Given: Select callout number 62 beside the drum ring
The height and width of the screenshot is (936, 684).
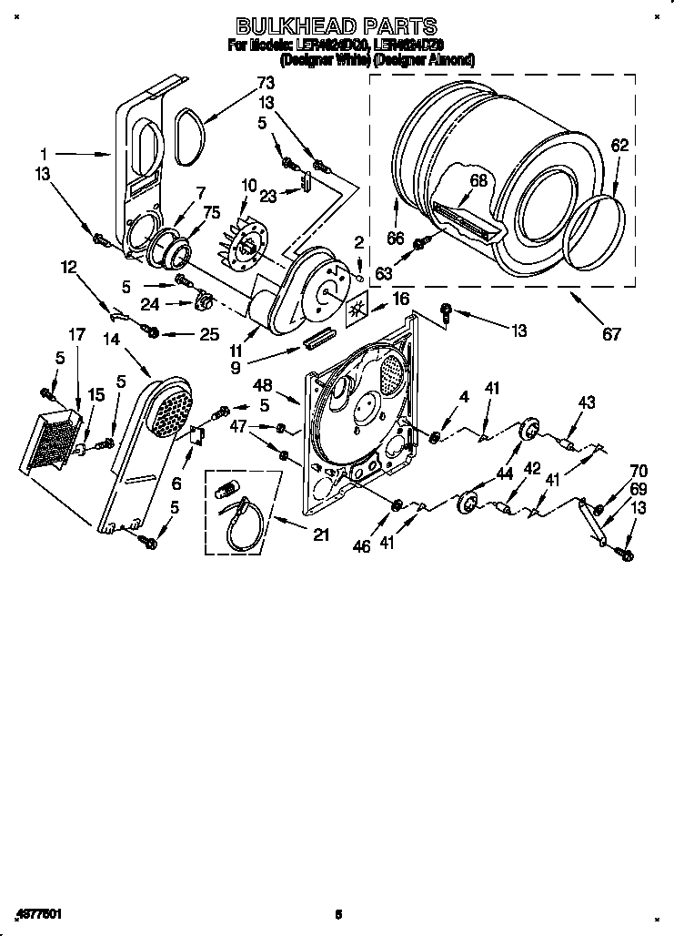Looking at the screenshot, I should tap(619, 145).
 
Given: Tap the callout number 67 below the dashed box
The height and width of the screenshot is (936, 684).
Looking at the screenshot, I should tap(612, 333).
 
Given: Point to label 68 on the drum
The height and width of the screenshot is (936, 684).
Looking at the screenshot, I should tap(478, 180).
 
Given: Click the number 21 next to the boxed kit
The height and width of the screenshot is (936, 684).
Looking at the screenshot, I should tap(320, 535).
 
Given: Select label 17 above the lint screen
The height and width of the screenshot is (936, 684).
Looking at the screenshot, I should tap(76, 334).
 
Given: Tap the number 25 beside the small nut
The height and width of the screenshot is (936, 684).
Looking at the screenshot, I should tap(208, 334).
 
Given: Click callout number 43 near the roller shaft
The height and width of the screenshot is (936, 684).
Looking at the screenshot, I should tap(586, 403).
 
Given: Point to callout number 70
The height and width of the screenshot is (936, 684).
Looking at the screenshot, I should tap(639, 472).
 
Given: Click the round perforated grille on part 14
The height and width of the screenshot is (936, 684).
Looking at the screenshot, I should tap(170, 406).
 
